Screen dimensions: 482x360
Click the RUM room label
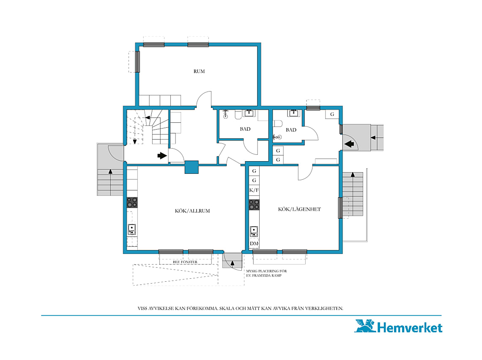199,71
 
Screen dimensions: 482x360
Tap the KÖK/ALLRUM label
192,211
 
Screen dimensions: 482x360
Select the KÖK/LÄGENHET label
299,209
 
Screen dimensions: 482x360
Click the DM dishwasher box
254,243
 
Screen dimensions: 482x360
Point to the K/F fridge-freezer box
254,190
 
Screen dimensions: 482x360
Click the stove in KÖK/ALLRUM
132,203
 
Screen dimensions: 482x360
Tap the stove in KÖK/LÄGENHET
254,205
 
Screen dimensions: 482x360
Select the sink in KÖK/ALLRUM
132,230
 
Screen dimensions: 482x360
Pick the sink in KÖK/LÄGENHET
254,231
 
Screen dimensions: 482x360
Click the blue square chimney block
192,168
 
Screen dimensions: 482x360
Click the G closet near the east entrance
332,114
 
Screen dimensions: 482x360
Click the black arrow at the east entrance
349,144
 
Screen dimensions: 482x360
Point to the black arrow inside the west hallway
162,155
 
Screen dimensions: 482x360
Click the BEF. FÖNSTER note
185,262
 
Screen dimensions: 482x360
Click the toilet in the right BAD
278,124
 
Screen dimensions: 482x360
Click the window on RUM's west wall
137,62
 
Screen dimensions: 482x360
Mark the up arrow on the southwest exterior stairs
110,172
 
